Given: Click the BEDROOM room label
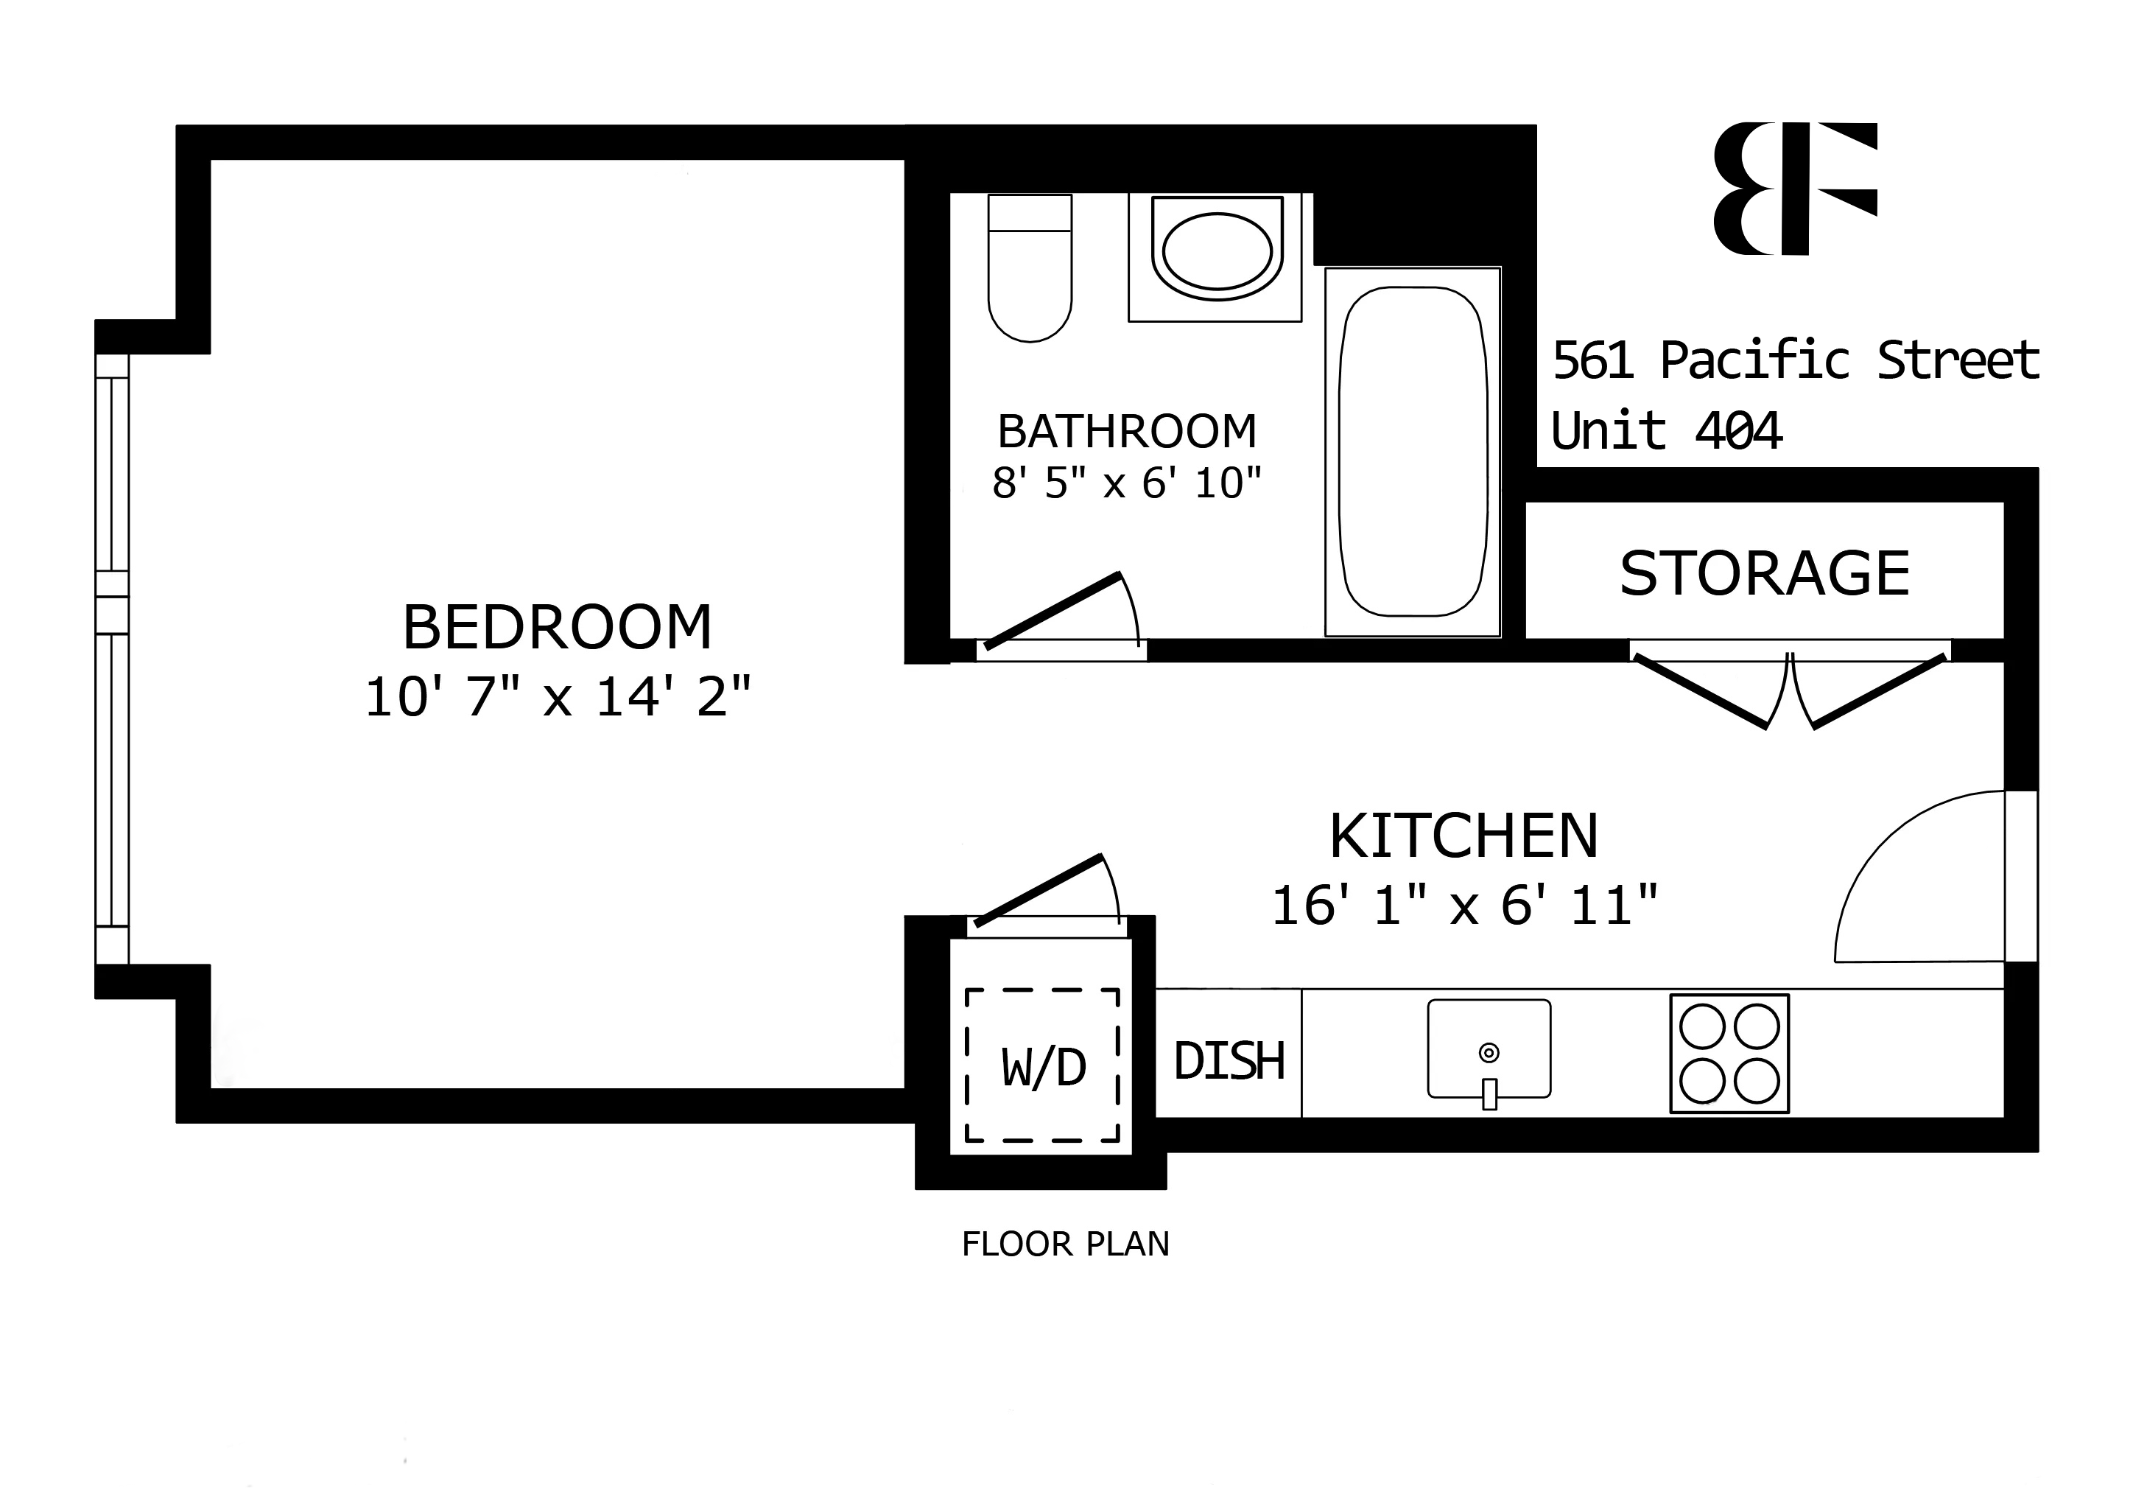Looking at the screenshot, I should click(x=557, y=627).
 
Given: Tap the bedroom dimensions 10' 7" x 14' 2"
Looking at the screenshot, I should click(x=557, y=697).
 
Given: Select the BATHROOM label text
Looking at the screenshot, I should click(x=1126, y=431).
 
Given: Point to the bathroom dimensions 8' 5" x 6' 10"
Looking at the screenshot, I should click(x=1126, y=483).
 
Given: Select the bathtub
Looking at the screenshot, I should click(x=1412, y=452).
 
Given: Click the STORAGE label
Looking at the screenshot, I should click(x=1764, y=573).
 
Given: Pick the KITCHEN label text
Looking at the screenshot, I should click(x=1463, y=836).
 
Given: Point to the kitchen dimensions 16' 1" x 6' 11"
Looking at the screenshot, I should click(x=1463, y=905).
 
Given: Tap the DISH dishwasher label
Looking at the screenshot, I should click(x=1229, y=1061).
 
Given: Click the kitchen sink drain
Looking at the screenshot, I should click(x=1489, y=1053).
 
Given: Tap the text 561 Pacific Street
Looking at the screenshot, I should click(x=1795, y=360).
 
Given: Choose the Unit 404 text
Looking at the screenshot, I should click(x=1666, y=431).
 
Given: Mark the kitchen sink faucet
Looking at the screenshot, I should click(x=1489, y=1093).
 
